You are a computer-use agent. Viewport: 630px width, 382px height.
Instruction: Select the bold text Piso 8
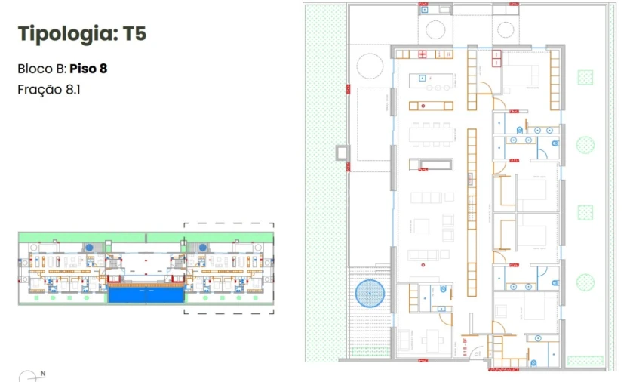pos(88,69)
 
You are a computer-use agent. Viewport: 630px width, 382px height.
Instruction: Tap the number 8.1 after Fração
pos(73,89)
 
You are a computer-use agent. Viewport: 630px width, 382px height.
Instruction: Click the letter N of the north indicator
pos(43,373)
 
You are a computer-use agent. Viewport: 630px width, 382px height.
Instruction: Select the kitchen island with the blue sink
pos(432,79)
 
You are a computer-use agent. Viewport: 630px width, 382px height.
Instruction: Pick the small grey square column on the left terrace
pos(343,153)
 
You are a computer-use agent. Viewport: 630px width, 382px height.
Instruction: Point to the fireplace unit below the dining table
pos(431,165)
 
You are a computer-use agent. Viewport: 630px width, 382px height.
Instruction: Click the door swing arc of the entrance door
pos(475,353)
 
